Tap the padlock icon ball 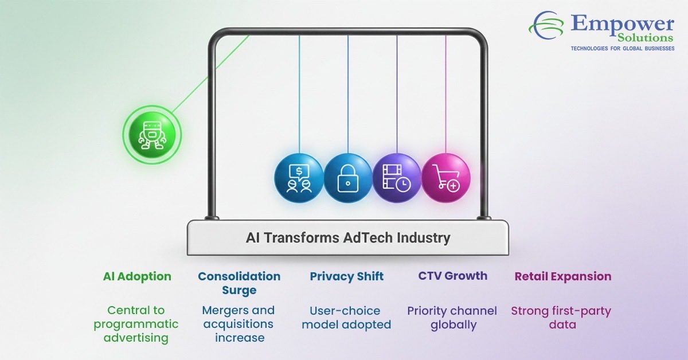348,177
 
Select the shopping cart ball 446,177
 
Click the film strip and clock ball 397,177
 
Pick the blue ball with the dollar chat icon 299,177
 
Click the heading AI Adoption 137,276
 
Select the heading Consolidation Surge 239,283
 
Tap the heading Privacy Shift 347,276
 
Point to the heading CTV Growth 453,276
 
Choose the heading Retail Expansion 563,276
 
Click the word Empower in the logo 623,24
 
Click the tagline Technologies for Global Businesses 622,49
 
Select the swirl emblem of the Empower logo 548,26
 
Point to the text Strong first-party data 561,318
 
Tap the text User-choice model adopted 347,318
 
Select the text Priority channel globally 452,318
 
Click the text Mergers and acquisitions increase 239,324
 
